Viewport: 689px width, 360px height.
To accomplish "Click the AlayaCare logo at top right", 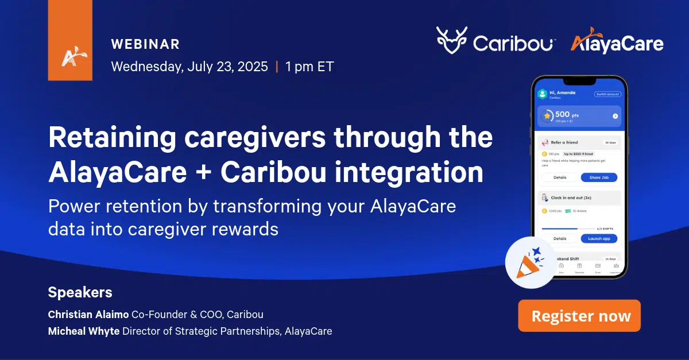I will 617,43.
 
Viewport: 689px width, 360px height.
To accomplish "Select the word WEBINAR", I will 145,44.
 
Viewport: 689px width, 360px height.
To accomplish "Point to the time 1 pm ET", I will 309,67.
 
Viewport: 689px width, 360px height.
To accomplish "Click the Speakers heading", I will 80,292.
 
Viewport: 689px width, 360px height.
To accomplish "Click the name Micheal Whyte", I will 84,331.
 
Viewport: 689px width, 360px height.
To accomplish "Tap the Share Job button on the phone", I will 599,177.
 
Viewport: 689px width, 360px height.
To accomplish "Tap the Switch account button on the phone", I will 607,94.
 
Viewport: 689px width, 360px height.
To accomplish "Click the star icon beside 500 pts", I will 547,115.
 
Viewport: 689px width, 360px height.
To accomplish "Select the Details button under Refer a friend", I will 559,177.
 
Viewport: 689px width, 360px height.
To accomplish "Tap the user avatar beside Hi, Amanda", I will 542,94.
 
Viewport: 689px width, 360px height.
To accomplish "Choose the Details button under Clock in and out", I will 559,238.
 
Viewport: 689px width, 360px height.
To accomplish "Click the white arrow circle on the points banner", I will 615,116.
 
